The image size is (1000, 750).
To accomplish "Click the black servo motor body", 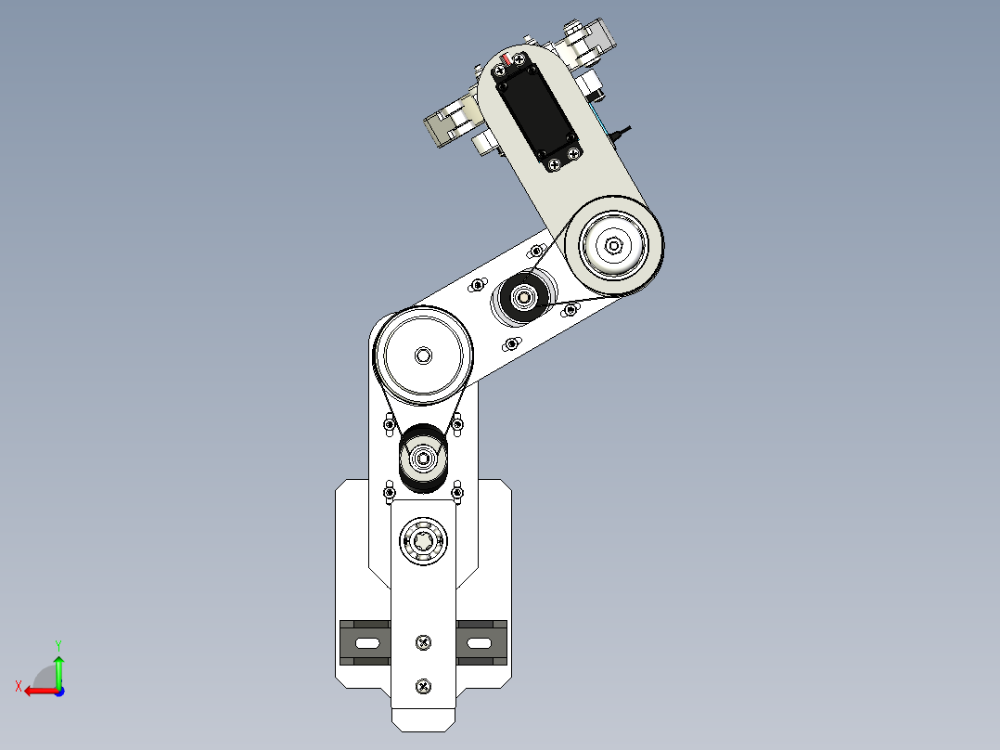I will click(536, 110).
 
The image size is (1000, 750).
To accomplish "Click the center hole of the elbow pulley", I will click(613, 246).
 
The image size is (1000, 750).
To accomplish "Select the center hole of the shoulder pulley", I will click(423, 355).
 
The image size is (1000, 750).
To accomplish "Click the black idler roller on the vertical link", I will click(423, 457).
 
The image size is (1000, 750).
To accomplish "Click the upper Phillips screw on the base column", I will click(424, 641).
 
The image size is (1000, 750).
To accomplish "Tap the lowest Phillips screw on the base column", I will click(424, 686).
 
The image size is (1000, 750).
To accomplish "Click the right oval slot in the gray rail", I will click(480, 642).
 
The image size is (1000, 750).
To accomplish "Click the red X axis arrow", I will click(37, 691).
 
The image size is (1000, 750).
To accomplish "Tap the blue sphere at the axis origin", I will click(58, 691).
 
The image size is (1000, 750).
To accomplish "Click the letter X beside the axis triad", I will click(19, 686).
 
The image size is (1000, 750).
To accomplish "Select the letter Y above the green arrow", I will click(58, 644).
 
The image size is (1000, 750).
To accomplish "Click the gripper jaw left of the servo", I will click(450, 125).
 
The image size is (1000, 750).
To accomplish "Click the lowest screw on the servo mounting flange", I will click(555, 164).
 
